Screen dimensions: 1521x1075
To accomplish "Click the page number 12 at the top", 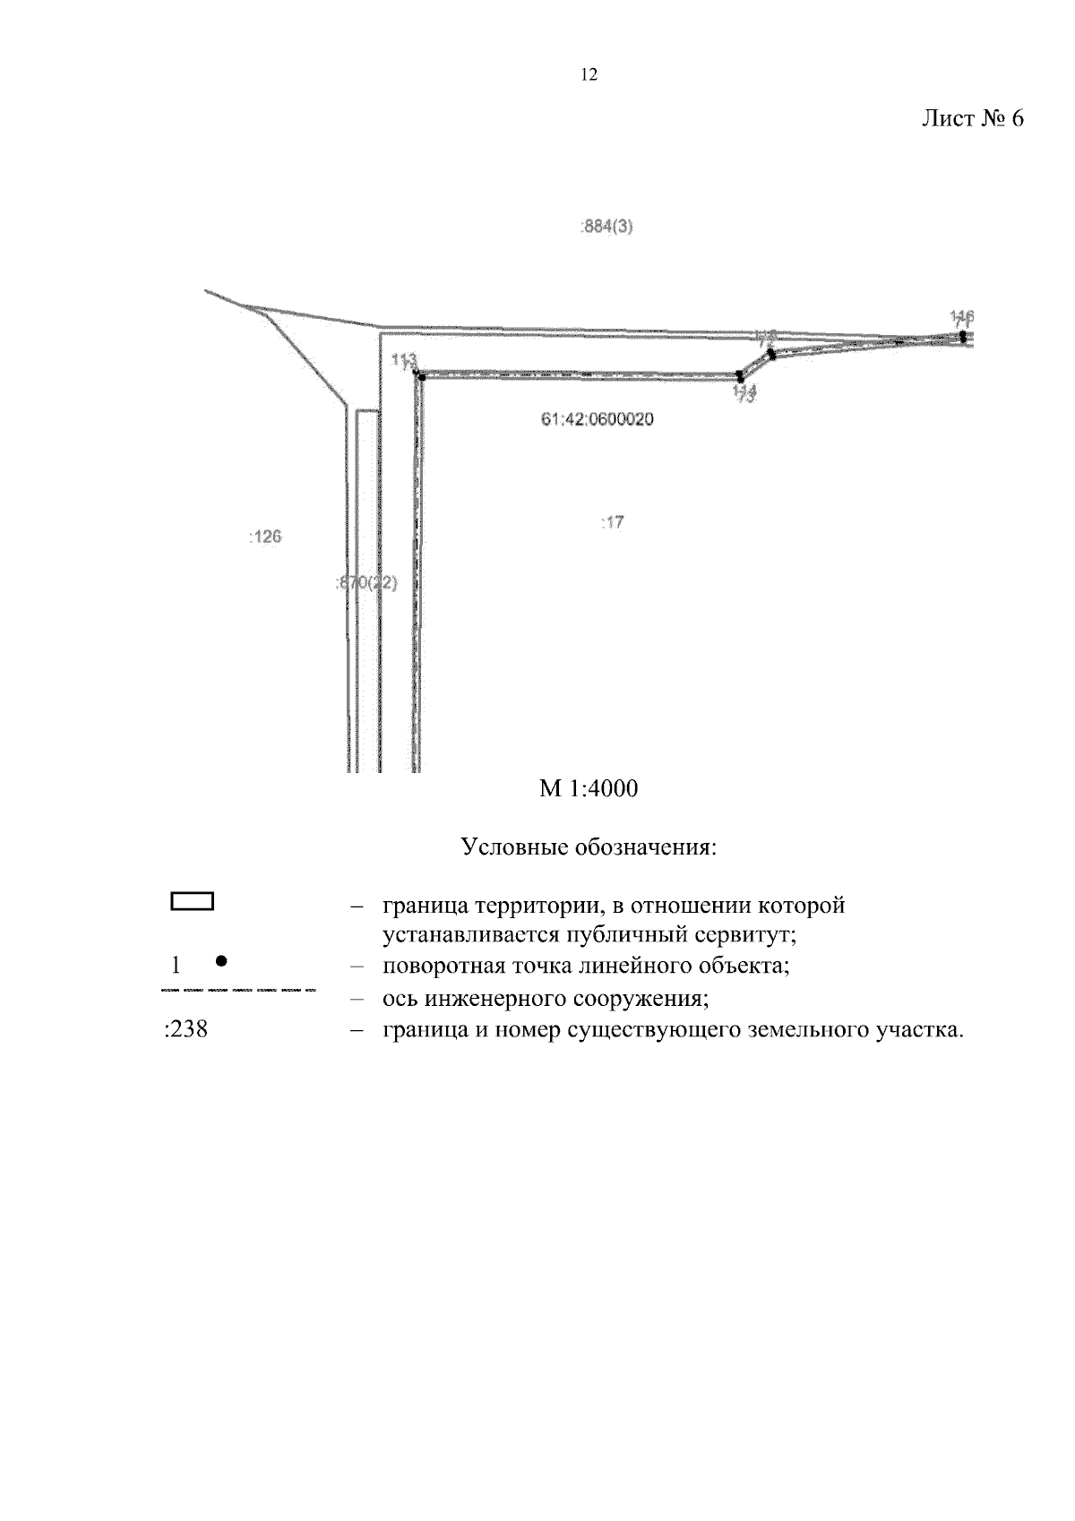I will pos(589,76).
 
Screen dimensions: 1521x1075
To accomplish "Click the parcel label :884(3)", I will pos(607,227).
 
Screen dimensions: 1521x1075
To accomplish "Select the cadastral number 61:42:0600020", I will pos(597,418).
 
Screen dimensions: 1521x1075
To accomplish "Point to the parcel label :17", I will pos(612,521).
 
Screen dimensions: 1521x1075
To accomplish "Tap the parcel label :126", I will pos(264,537).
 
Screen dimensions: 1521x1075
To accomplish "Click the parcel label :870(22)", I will pos(365,583).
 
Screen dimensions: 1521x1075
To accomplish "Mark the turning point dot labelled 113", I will pos(420,377).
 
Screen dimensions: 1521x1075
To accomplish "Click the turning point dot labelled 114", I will pos(739,376).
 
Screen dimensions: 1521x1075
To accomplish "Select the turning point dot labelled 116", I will pos(962,338).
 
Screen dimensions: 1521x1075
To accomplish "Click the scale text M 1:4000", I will pos(589,789).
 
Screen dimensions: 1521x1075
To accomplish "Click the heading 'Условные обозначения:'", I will pos(589,846).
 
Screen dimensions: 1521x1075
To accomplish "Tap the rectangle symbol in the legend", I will pos(192,902).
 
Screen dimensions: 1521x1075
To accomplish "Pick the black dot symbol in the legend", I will pos(221,961).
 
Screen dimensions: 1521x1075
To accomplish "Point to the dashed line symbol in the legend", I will pos(237,991).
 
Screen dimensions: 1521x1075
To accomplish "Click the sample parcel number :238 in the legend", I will pos(186,1029).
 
